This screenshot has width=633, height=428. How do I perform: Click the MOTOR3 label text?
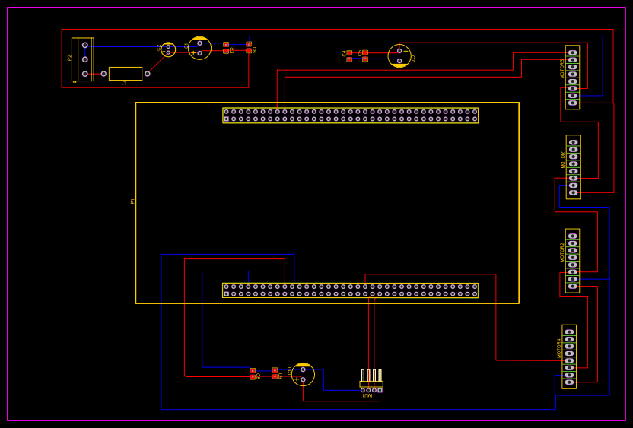[x=563, y=68]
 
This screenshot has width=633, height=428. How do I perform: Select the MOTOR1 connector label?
[x=564, y=159]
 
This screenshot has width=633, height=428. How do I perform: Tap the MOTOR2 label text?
[x=563, y=252]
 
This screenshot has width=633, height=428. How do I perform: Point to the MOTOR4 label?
[x=559, y=348]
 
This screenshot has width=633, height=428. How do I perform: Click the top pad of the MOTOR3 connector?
[x=572, y=52]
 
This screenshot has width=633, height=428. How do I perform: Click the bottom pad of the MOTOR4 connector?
[x=569, y=382]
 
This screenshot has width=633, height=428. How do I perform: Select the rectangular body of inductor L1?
[x=125, y=74]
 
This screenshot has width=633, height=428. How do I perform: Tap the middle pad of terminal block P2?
[x=85, y=59]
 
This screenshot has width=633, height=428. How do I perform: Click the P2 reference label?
[x=70, y=57]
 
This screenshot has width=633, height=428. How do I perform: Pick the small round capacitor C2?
[x=168, y=49]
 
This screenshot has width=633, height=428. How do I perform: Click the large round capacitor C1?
[x=199, y=48]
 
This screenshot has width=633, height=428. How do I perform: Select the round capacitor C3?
[x=399, y=55]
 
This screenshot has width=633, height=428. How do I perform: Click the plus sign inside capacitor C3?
[x=406, y=51]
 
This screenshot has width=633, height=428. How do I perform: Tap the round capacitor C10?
[x=303, y=374]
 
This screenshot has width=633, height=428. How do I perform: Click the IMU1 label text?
[x=367, y=395]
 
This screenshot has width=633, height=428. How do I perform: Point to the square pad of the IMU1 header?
[x=380, y=390]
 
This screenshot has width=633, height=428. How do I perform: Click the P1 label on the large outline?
[x=132, y=201]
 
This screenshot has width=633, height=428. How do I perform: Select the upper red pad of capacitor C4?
[x=349, y=52]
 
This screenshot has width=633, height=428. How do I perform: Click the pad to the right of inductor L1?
[x=148, y=74]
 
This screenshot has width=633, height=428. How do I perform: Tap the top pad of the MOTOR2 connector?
[x=572, y=236]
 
